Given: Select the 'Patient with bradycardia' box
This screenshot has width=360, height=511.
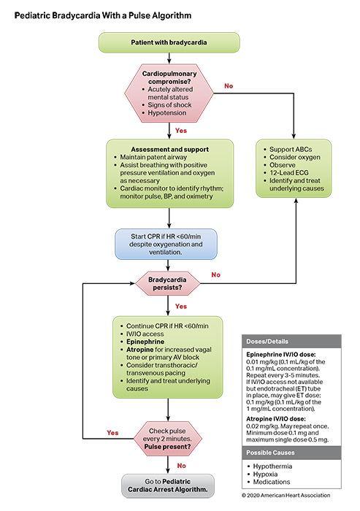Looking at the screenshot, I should pos(169,42).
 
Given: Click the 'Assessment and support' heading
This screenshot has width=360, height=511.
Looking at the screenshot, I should pos(169,150).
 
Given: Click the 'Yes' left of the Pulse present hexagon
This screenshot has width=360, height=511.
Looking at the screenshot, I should pos(112,431).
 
